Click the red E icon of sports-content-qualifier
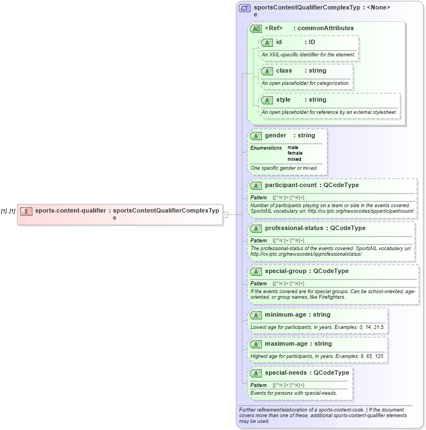[x=26, y=211]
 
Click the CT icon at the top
[x=245, y=8]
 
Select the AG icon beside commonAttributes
[x=256, y=28]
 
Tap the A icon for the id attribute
[x=267, y=42]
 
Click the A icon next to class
[x=267, y=71]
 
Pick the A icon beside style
[x=267, y=100]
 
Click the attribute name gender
[x=275, y=136]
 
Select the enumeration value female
[x=295, y=153]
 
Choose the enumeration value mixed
[x=294, y=159]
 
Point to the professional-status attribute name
[x=294, y=228]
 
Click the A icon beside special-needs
[x=256, y=373]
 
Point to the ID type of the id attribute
[x=312, y=42]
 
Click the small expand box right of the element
[x=226, y=214]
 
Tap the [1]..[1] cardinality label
[x=8, y=211]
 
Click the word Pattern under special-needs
[x=259, y=385]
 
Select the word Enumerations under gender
[x=266, y=148]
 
